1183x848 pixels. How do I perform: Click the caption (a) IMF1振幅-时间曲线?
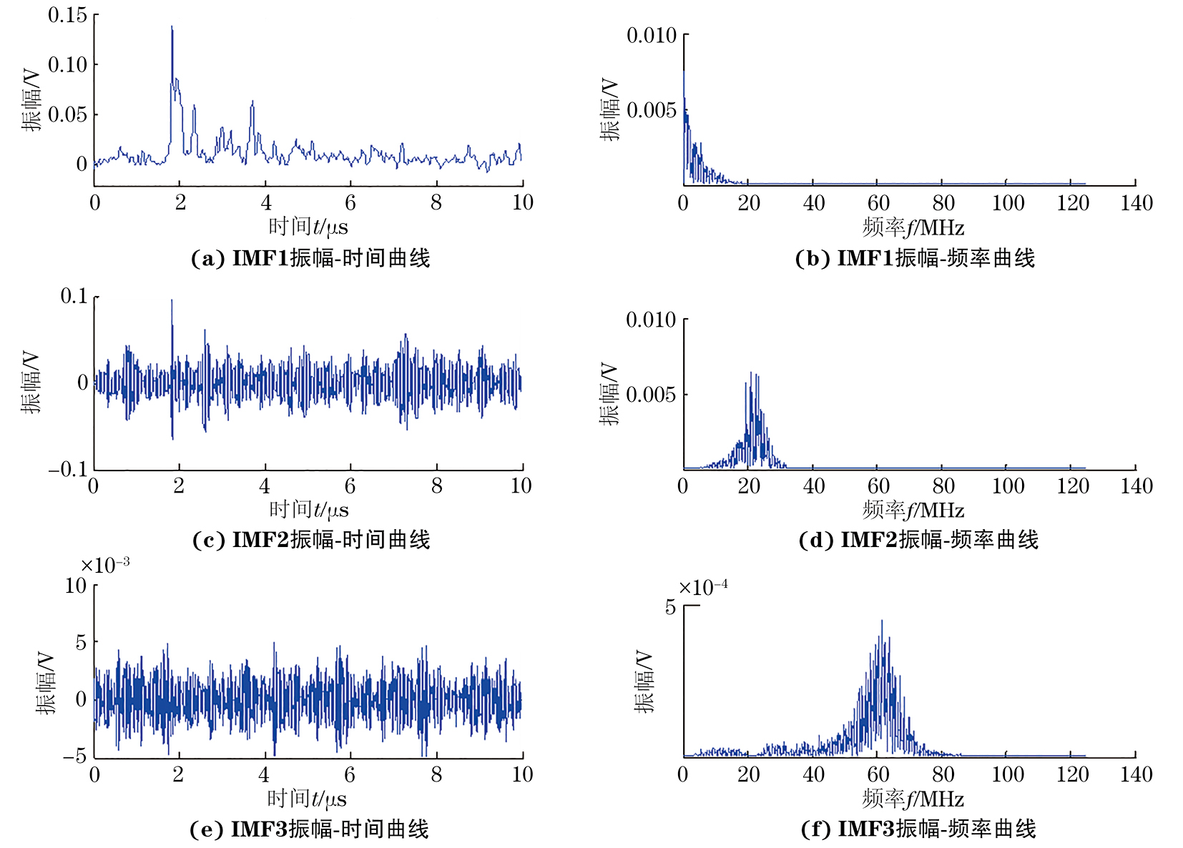pos(310,258)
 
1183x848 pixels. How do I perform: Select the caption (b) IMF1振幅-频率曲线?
pos(915,258)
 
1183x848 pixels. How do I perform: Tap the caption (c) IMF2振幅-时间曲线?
pos(311,540)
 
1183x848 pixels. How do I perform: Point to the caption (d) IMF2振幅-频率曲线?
pos(918,540)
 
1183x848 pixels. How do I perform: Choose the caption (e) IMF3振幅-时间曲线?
pos(309,829)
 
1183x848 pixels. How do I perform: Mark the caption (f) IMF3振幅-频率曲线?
pos(918,829)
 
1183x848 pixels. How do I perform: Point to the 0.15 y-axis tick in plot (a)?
pos(67,15)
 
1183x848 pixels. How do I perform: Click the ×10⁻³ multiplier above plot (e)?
pos(105,565)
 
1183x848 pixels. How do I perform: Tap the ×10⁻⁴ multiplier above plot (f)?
pos(703,588)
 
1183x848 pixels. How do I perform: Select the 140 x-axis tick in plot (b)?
pos(1137,203)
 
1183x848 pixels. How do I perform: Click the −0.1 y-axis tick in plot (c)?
pos(67,469)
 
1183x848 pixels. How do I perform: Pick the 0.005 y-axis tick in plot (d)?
pos(651,394)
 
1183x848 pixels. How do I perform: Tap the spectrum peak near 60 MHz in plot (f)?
pos(882,622)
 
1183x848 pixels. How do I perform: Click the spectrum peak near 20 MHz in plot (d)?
pos(751,373)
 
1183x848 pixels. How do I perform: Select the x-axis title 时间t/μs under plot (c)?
pos(309,510)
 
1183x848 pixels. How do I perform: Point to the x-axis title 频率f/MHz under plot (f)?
pos(913,799)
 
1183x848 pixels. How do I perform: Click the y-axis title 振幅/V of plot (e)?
pos(46,683)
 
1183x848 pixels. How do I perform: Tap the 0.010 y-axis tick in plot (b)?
pos(651,35)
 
